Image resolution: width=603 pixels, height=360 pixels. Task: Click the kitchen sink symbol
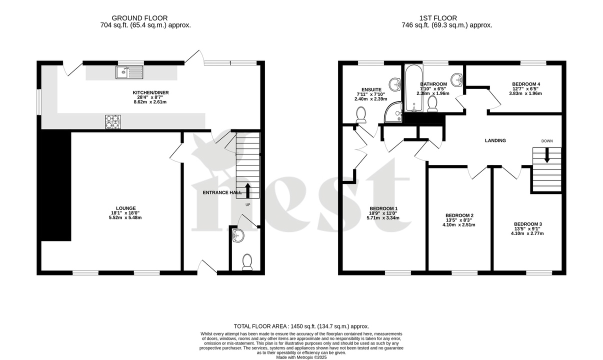[x=129, y=73]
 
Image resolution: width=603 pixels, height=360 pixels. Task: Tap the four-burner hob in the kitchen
[x=113, y=122]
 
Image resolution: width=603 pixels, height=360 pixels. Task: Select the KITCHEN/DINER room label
[x=146, y=92]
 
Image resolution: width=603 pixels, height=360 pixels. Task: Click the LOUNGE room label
[x=125, y=208]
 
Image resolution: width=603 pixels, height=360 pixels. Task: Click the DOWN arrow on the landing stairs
[x=546, y=155]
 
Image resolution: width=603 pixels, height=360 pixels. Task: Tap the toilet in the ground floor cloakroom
[x=247, y=262]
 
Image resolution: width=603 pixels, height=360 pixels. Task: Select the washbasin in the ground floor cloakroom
[x=238, y=235]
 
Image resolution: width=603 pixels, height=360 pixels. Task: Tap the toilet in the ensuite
[x=360, y=115]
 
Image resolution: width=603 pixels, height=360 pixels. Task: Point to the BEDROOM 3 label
[x=527, y=224]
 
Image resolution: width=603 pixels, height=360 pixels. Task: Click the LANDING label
[x=495, y=140]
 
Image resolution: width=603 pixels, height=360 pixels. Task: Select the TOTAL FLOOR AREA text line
[x=301, y=326]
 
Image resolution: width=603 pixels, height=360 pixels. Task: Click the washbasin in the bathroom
[x=456, y=79]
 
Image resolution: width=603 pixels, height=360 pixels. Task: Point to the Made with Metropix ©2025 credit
[x=301, y=357]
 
